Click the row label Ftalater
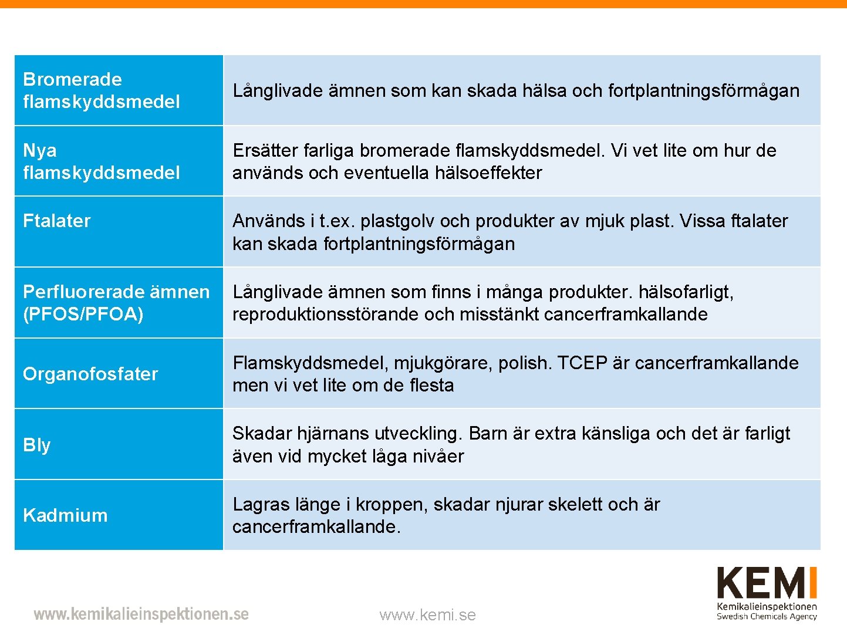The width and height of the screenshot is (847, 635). pos(57,221)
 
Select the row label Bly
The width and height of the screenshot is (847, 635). pos(36,445)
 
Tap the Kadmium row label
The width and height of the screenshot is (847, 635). pos(65,515)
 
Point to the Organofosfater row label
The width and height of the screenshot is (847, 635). pos(90,374)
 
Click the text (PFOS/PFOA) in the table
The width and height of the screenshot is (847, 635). pos(83,314)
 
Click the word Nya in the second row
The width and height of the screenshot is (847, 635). pos(40,150)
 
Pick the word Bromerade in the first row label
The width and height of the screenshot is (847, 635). pos(72,79)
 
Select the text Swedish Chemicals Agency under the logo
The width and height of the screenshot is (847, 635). pos(767,616)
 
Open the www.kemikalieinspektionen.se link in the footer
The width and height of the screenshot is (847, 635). pos(141,614)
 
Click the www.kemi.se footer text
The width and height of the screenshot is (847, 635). pos(427,615)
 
